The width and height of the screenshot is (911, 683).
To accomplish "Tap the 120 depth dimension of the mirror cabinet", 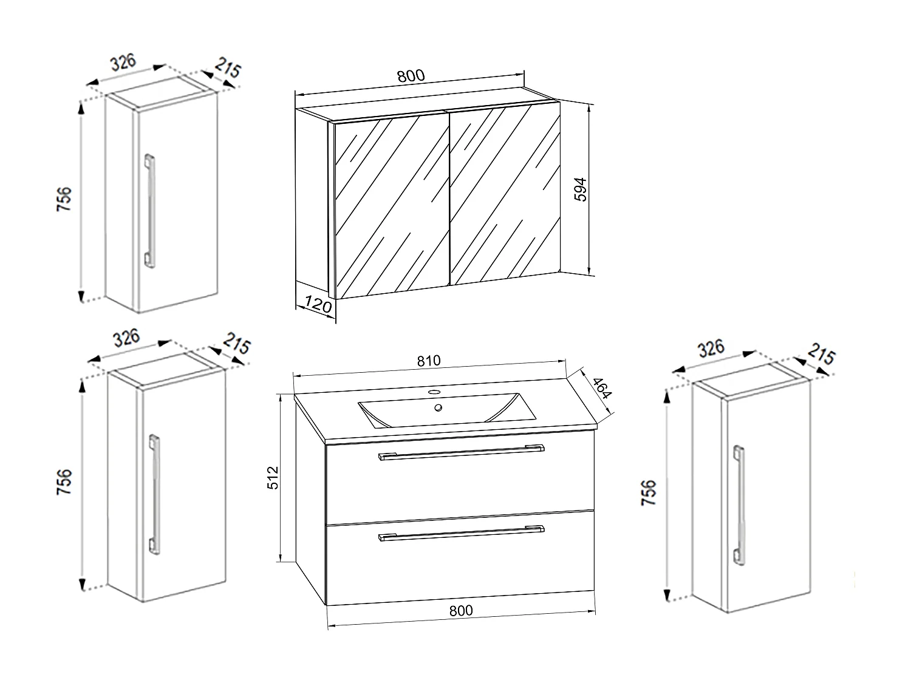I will (x=318, y=303).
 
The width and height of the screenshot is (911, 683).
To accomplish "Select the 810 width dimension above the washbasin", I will (x=428, y=361).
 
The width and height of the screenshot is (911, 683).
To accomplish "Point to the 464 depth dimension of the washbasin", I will (x=601, y=389).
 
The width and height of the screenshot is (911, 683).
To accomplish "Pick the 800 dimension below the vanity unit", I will (x=461, y=611).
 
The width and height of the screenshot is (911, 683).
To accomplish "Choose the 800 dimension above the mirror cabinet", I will (x=411, y=76).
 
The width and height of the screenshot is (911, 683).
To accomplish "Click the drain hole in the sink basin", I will (x=437, y=407).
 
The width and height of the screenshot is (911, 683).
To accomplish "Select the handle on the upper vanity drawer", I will (x=461, y=452).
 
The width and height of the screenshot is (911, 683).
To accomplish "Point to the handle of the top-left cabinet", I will (x=149, y=210).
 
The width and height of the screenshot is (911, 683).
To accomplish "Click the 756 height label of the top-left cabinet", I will (x=64, y=199).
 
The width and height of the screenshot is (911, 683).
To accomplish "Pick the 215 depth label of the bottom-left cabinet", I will (x=236, y=345).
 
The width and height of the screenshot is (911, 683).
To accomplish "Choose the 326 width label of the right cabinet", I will (x=711, y=348).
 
